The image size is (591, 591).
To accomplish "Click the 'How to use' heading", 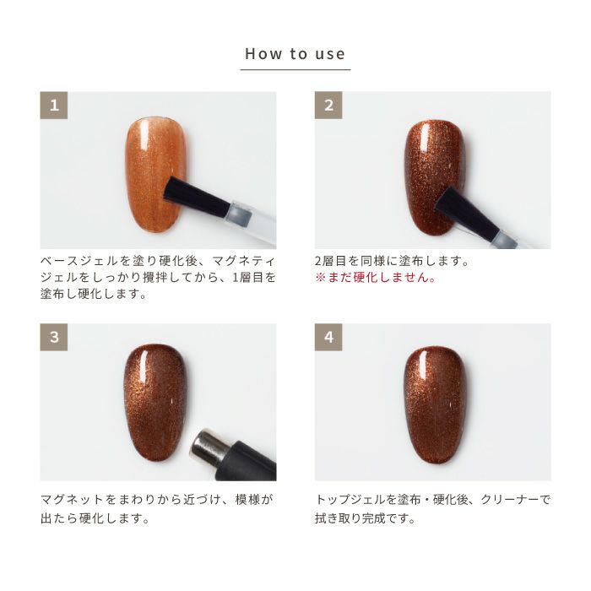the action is pos(295,54).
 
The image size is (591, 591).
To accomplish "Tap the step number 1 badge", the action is pos(54,106).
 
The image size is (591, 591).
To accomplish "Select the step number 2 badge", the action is pos(328,106).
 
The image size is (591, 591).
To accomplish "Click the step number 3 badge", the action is pos(54,337).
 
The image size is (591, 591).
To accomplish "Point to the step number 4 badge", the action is pos(328,337).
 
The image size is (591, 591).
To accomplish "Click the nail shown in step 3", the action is pos(155,404).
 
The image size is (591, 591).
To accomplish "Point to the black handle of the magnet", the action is pos(251,462).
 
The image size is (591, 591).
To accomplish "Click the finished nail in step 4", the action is pos(436,405).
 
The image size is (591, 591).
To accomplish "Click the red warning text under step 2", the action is pos(376,278).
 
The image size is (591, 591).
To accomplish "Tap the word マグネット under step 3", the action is pos(72,500).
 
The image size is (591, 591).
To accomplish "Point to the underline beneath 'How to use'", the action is pos(295,70).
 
